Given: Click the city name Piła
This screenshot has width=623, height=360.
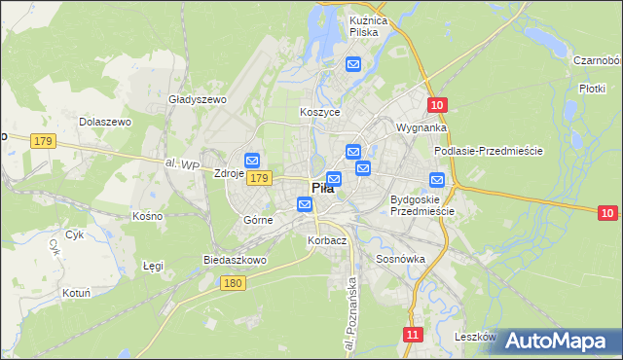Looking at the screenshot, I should pos(322,189).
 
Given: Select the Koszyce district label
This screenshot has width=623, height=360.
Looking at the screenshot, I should pos(319,113).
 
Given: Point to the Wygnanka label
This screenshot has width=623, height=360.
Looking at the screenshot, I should pos(421,127).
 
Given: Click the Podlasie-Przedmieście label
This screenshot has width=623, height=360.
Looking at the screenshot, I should pos(488,151).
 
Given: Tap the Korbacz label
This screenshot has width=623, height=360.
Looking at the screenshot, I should pos(326,240).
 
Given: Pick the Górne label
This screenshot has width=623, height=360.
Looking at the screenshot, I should pos(258,220).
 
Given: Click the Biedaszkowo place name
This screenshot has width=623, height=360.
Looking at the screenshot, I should pos(235,261).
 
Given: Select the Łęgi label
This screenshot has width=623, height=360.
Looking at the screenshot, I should pos(153,265).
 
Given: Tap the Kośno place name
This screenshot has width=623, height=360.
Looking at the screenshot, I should pos(147,215).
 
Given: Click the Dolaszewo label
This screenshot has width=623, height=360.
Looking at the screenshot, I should pos(105,122).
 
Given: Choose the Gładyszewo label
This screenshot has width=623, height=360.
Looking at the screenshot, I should pos(198,99).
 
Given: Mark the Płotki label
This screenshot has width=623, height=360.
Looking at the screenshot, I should pos(592,88).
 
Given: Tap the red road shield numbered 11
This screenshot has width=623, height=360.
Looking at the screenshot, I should pos(414,335).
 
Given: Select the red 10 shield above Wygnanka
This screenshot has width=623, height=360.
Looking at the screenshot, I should pos(436,105).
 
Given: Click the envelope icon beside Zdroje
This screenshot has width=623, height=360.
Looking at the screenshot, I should pos(252,161).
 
